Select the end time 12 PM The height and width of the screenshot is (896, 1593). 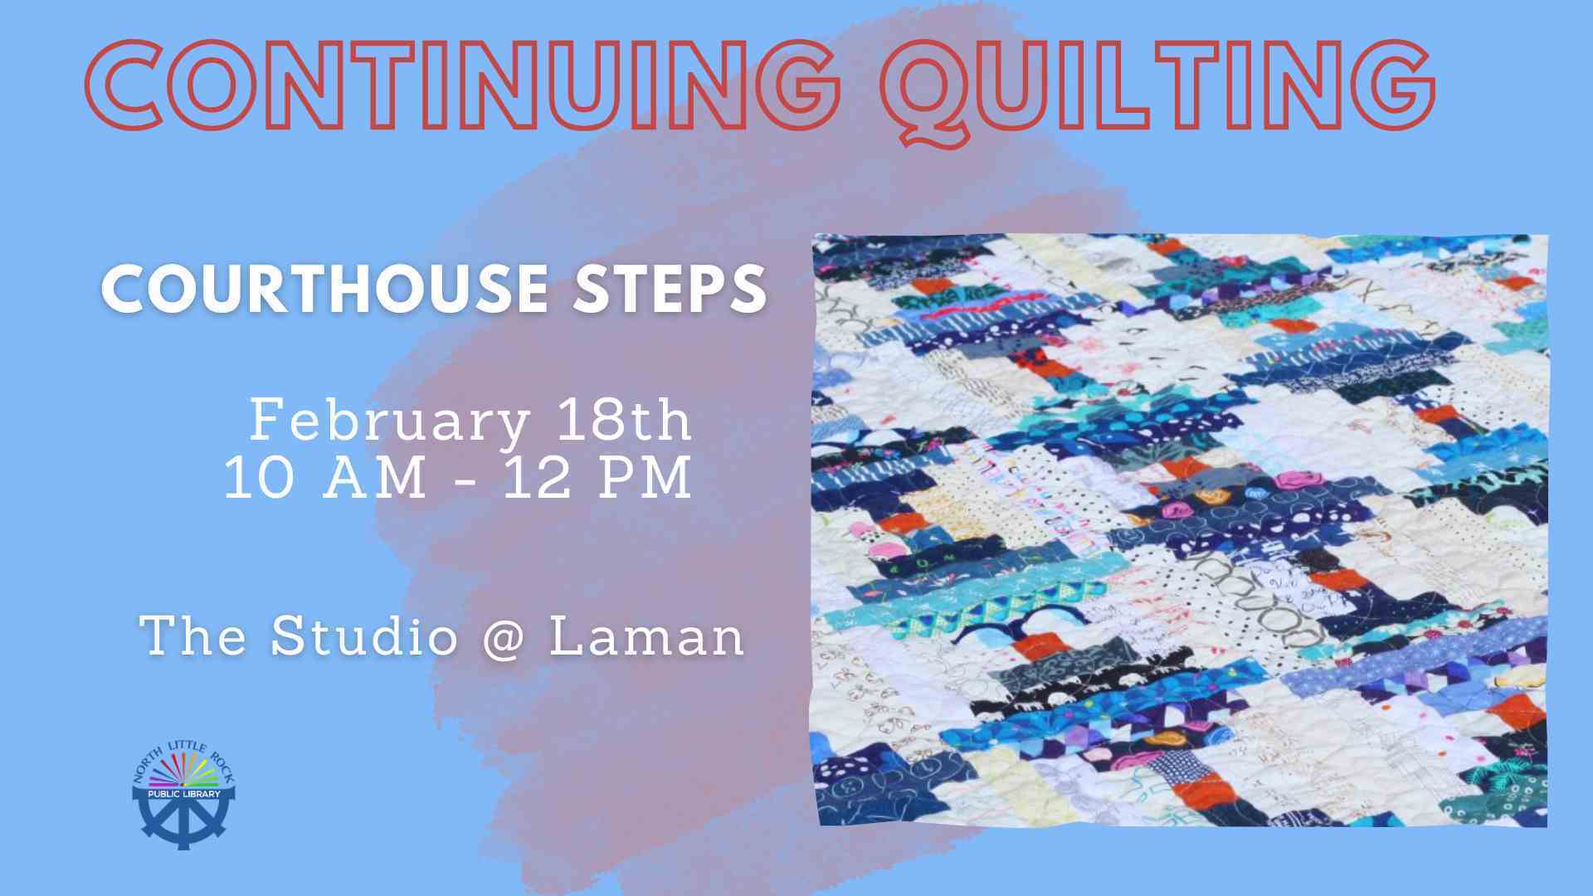[x=597, y=478]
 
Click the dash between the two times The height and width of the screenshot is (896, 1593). [x=465, y=481]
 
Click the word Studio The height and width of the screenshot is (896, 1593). [x=364, y=635]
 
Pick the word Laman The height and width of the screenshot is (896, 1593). [x=646, y=635]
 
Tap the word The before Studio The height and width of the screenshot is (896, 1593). [x=193, y=635]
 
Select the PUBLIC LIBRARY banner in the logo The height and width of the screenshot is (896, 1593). [x=183, y=794]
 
